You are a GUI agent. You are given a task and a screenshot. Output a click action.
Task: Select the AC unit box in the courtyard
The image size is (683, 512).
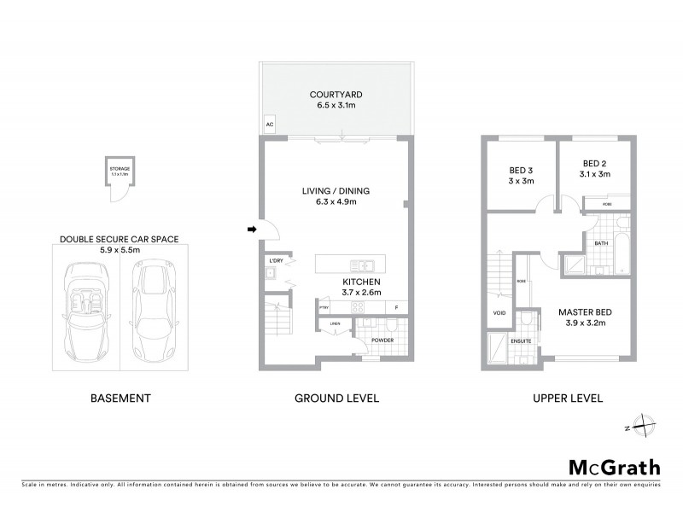(x=270, y=125)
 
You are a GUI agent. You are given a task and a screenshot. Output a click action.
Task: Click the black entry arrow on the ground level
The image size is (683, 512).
(x=251, y=229)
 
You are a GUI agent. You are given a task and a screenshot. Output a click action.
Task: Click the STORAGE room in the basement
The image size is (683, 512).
(x=120, y=173)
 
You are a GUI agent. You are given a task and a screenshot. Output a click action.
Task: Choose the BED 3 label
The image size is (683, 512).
(x=515, y=168)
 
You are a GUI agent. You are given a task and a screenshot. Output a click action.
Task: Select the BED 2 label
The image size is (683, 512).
(x=594, y=163)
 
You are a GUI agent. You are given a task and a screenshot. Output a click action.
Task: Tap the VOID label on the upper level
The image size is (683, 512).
(x=499, y=312)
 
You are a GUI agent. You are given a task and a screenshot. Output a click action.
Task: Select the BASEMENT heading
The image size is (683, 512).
(x=120, y=398)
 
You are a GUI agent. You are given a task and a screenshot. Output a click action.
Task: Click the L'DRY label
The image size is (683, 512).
(x=276, y=259)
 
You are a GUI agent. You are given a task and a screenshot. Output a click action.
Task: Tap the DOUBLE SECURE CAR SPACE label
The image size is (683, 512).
(x=119, y=240)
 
